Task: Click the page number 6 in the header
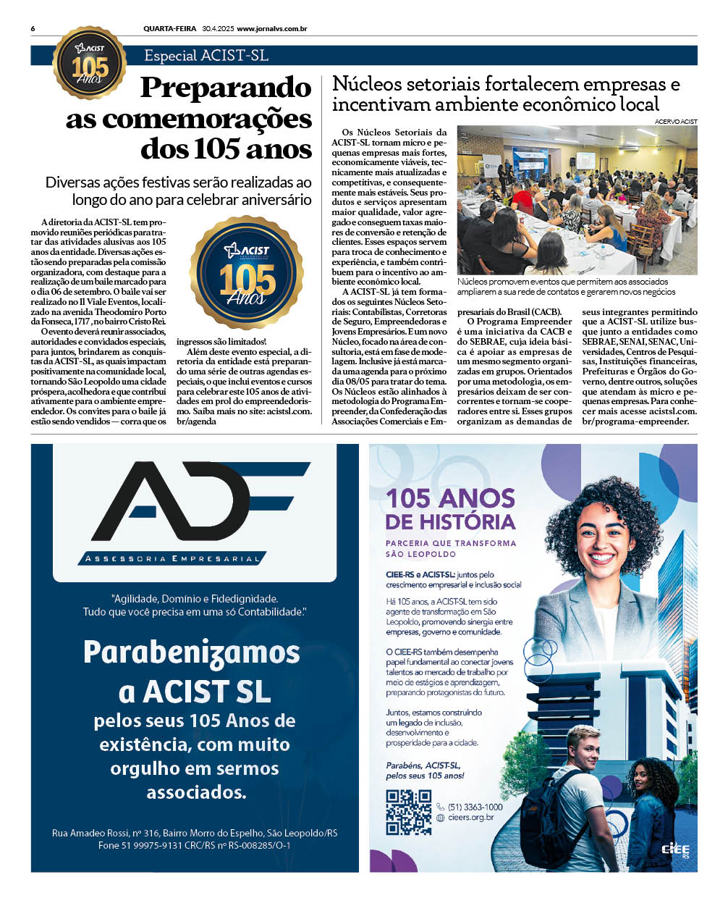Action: (x=33, y=29)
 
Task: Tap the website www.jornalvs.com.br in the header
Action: (x=271, y=29)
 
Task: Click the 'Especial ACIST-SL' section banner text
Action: (x=206, y=56)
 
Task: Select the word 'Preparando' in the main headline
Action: (x=226, y=88)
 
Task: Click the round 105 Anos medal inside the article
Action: (x=247, y=272)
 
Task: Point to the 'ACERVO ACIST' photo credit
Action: (x=676, y=122)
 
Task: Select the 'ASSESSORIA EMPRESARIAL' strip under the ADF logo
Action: (x=172, y=558)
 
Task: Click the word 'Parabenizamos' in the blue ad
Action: (x=192, y=652)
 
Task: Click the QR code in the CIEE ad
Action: (x=408, y=812)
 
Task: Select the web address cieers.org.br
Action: (x=470, y=818)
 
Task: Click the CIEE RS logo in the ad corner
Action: (x=675, y=850)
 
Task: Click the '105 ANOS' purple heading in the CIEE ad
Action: (x=450, y=498)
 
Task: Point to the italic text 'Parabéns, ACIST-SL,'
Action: (x=423, y=765)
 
